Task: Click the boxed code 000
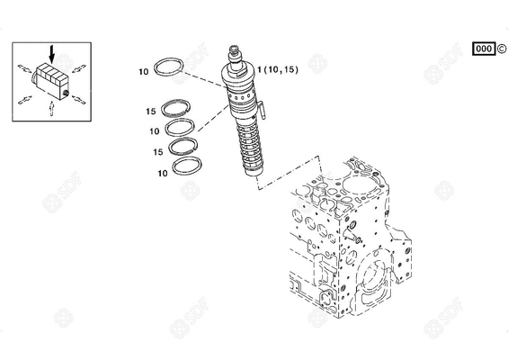482,49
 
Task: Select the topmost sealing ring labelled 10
171,67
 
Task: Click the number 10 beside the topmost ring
143,71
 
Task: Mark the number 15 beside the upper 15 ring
151,112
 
